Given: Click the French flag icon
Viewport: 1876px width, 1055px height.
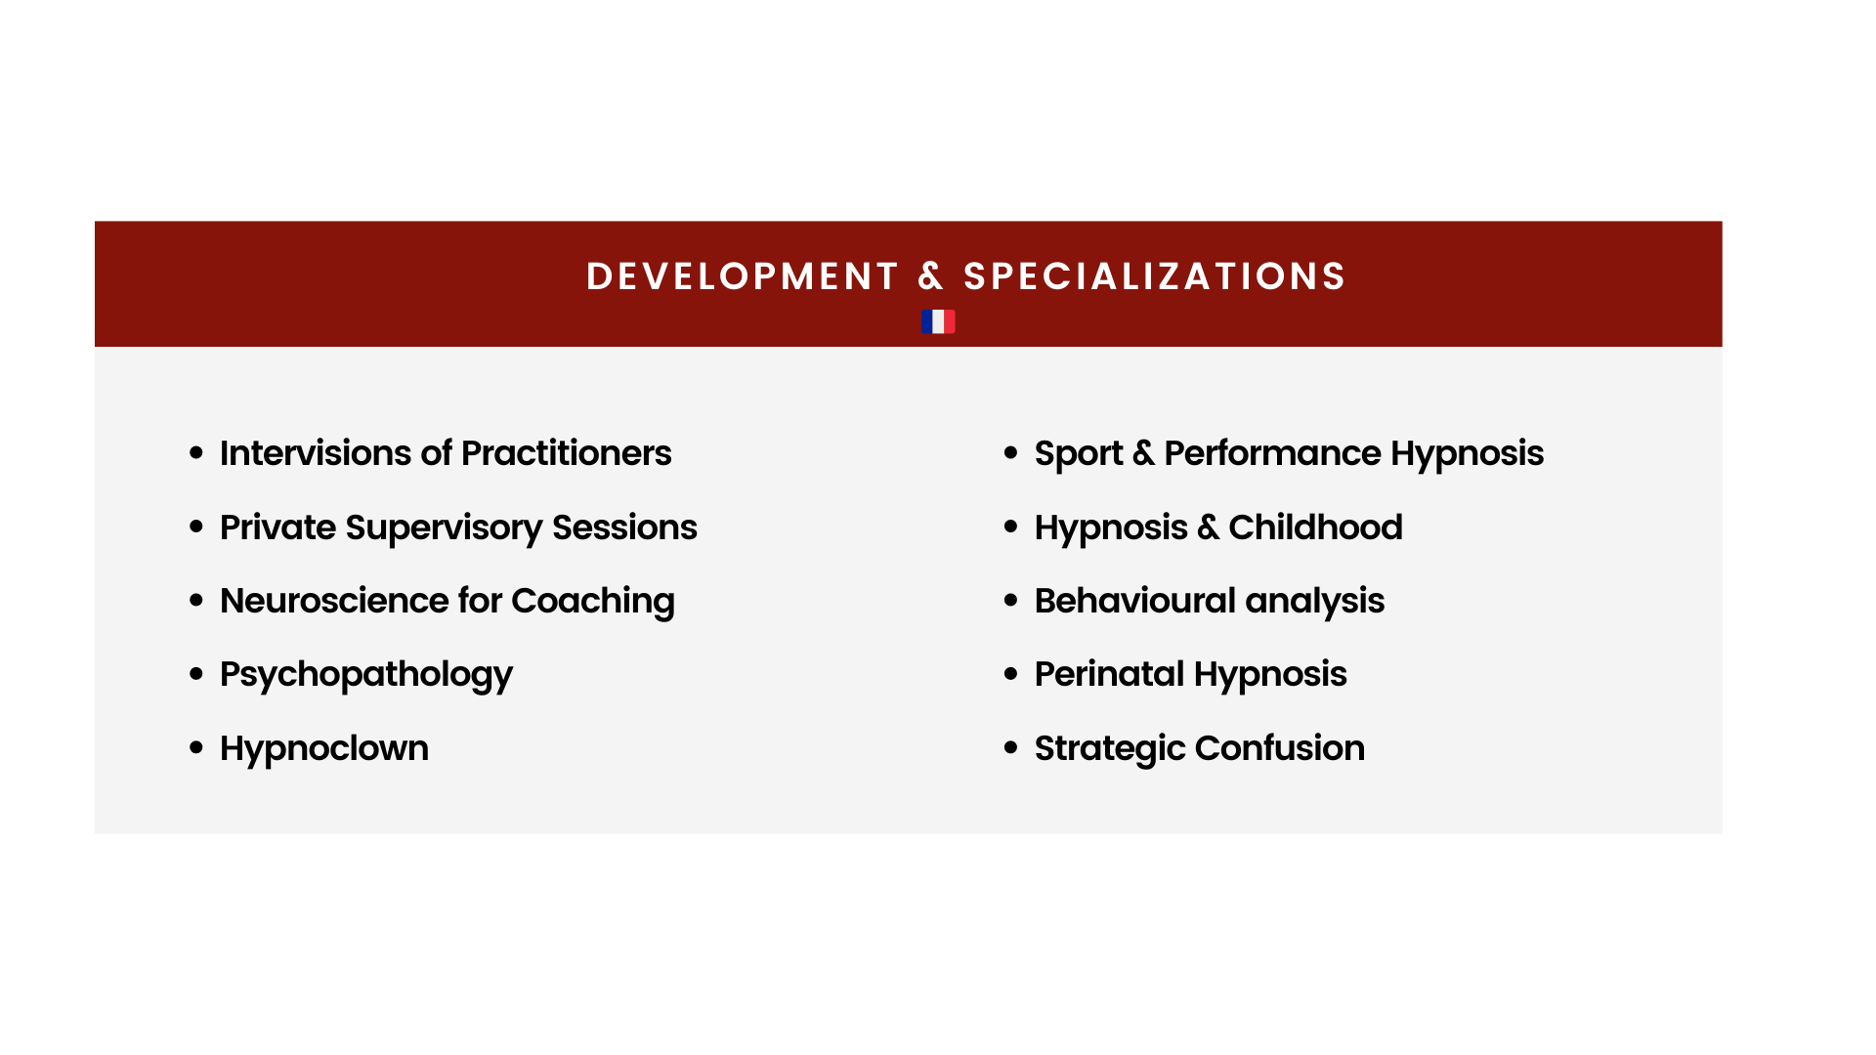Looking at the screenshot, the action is [938, 321].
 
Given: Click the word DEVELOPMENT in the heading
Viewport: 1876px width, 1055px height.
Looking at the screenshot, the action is [743, 276].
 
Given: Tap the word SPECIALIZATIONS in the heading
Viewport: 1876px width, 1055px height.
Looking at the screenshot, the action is [1155, 276].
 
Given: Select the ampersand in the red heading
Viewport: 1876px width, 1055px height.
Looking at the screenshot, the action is [931, 276].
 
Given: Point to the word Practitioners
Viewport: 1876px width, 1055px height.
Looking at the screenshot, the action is [567, 453].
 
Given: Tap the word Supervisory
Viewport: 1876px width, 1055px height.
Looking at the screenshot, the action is [445, 528].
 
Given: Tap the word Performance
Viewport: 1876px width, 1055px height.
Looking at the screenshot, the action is [1272, 453].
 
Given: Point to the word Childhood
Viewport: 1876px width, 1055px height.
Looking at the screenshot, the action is [1316, 527].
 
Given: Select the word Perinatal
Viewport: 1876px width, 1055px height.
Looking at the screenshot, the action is [1110, 674].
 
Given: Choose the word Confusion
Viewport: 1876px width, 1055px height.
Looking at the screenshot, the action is [1280, 748].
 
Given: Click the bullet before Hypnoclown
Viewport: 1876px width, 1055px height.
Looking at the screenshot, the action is [196, 748].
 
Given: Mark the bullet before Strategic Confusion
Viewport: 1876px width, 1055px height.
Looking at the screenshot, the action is [1011, 748].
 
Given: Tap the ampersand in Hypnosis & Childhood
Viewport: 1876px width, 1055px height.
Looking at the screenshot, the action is [1209, 527].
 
